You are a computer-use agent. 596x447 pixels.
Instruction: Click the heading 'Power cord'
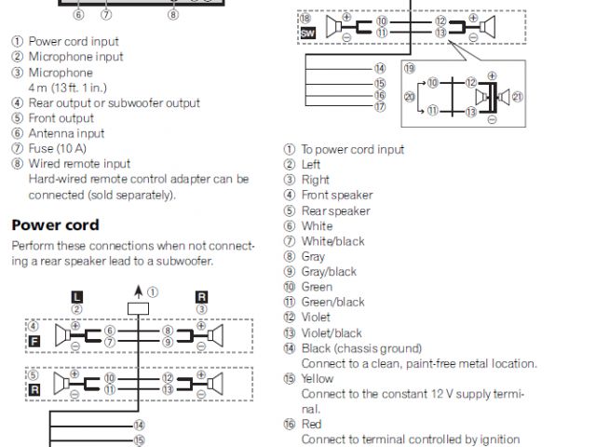(55, 225)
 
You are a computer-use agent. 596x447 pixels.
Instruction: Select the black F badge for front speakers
(34, 342)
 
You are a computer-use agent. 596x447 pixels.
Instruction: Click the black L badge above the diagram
(77, 296)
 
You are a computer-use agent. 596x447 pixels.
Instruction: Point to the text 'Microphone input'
(75, 57)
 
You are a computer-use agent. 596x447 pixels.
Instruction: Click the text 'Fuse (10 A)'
(61, 149)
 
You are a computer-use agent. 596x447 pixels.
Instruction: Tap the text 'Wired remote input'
(79, 164)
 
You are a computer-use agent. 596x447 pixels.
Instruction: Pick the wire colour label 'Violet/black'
(332, 332)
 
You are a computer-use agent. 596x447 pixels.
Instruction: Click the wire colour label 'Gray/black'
(329, 272)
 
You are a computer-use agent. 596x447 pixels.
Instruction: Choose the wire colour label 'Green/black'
(332, 302)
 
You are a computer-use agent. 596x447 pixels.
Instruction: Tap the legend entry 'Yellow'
(318, 379)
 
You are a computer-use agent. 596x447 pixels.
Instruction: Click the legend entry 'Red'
(312, 425)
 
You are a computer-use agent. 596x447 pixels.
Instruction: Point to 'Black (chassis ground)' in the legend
(355, 348)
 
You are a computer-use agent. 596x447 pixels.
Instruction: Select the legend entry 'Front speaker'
(336, 196)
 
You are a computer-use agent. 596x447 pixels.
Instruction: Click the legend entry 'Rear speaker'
(335, 210)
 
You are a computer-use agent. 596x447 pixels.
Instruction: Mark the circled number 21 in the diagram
(519, 97)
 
